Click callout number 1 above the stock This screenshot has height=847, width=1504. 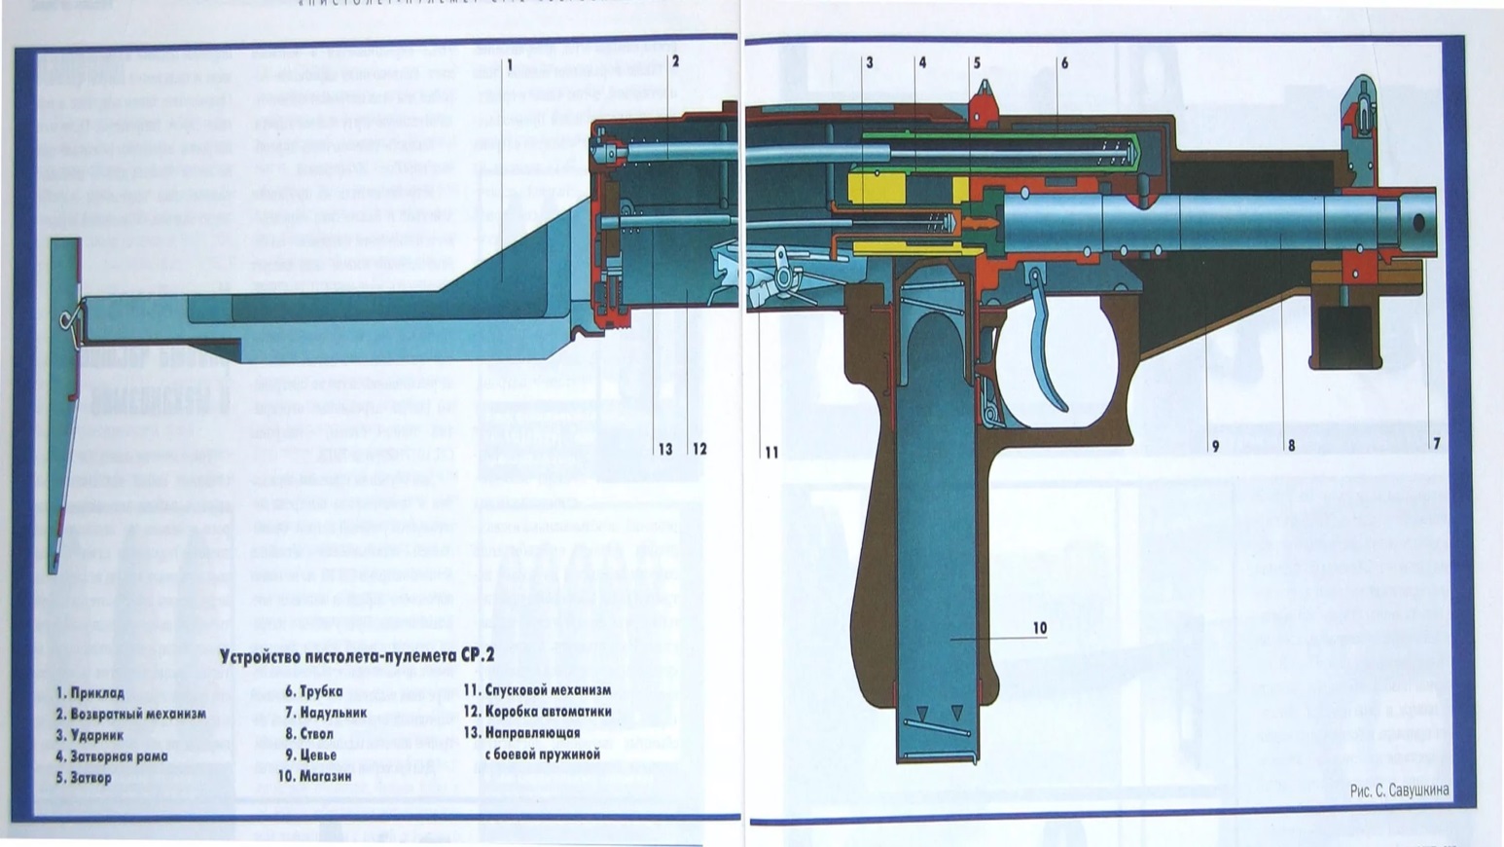(509, 64)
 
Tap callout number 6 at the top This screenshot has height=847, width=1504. (1064, 63)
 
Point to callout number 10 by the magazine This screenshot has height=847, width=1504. (1039, 628)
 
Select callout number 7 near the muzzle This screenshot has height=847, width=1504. (1436, 444)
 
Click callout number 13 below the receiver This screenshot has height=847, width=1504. (665, 450)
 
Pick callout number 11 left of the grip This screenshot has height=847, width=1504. (771, 453)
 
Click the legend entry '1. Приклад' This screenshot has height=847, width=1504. (90, 693)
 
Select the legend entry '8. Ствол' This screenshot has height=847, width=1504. (308, 734)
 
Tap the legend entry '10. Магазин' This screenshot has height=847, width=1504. (313, 777)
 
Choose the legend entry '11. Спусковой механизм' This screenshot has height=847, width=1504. (537, 690)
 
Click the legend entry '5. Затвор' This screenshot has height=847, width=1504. (83, 778)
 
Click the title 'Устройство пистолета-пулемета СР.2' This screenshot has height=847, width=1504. (356, 655)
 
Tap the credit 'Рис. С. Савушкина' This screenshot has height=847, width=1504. (1399, 791)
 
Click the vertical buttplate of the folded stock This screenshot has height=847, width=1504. (64, 399)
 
